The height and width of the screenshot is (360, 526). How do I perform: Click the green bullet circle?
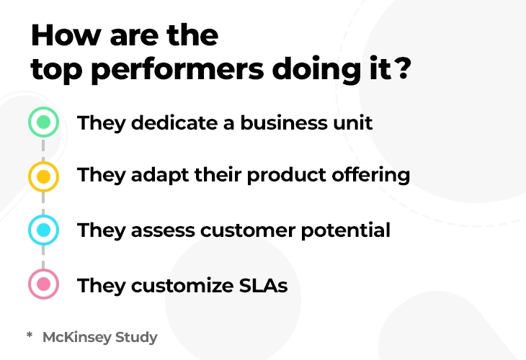pos(44,122)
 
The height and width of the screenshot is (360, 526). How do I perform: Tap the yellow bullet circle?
pos(44,176)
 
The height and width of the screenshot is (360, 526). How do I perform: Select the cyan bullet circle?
pos(44,230)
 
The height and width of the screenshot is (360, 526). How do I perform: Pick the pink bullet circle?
pos(44,284)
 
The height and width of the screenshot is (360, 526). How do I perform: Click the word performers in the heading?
pos(177,71)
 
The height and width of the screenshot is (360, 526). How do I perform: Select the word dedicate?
pos(174,122)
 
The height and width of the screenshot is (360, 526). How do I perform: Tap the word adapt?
pos(160,175)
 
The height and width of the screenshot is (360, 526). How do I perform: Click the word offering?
pos(370,175)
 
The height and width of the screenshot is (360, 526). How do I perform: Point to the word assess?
pos(163,230)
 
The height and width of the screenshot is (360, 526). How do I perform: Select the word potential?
pos(346,230)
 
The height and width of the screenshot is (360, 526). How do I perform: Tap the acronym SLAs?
pos(263,286)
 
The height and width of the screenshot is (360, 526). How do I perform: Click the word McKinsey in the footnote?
pos(77,338)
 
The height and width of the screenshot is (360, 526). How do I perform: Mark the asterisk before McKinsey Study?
pos(30,335)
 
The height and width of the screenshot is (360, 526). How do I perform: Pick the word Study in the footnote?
pos(136,338)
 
